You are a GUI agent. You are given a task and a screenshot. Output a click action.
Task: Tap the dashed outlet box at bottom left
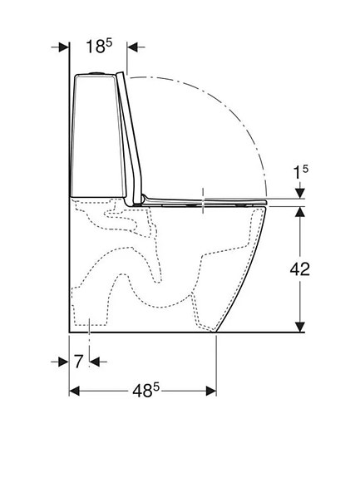pyautogui.click(x=86, y=313)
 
